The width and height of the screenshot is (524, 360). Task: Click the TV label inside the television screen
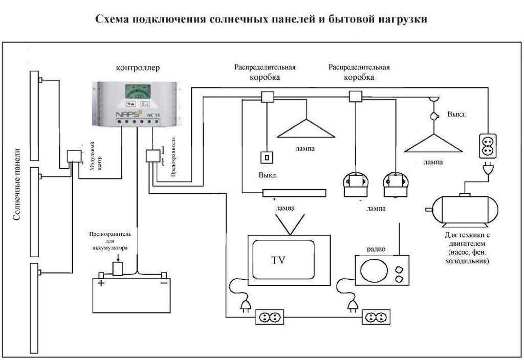click(x=278, y=260)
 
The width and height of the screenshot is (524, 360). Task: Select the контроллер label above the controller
click(x=138, y=67)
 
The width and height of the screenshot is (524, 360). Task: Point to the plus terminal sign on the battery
click(x=101, y=282)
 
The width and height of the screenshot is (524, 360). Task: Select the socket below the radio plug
click(x=376, y=317)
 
